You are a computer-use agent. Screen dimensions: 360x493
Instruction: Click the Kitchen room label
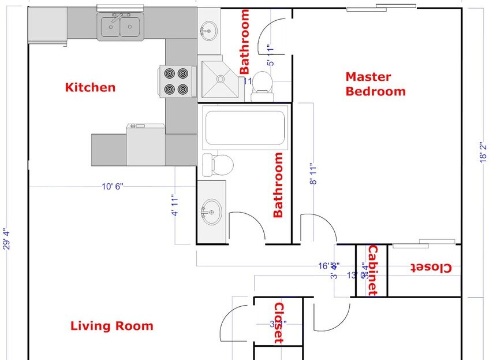click(90, 88)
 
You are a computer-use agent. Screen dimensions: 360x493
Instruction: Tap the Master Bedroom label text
click(375, 84)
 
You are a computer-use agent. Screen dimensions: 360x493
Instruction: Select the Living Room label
click(112, 326)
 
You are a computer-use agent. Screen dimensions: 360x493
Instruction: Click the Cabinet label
click(372, 270)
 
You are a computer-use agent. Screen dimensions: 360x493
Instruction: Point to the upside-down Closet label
click(431, 268)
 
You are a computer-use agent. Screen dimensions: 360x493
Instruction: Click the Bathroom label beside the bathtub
click(278, 185)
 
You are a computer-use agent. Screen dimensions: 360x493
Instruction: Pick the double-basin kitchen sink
click(121, 27)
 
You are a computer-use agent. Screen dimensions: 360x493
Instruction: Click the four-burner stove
click(175, 81)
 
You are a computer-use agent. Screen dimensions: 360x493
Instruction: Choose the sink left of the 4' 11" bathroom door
click(211, 211)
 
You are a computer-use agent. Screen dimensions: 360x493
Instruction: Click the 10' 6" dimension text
click(113, 186)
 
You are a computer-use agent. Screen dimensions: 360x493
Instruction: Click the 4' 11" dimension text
click(174, 205)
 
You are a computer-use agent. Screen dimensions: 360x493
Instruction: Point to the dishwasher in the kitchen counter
click(145, 144)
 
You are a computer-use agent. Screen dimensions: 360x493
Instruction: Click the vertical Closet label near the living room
click(278, 323)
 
